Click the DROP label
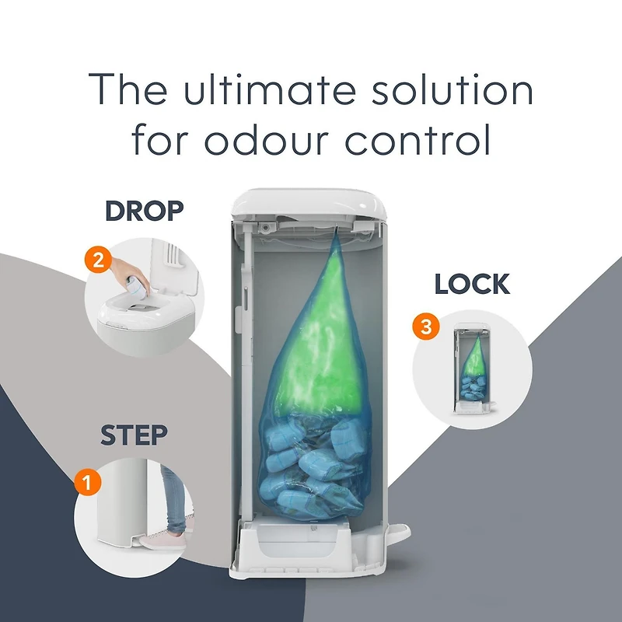144,210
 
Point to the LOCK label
472,285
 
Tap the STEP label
135,436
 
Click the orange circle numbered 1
87,483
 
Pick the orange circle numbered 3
425,327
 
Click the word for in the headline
160,141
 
